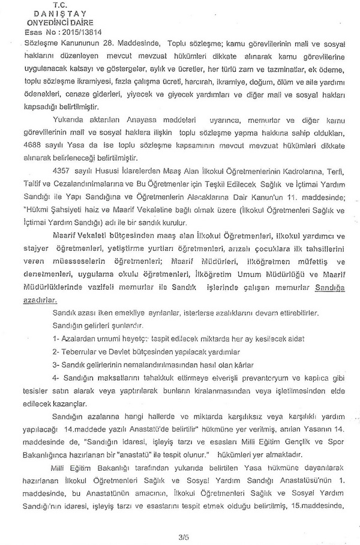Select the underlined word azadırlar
coord(41,302)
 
